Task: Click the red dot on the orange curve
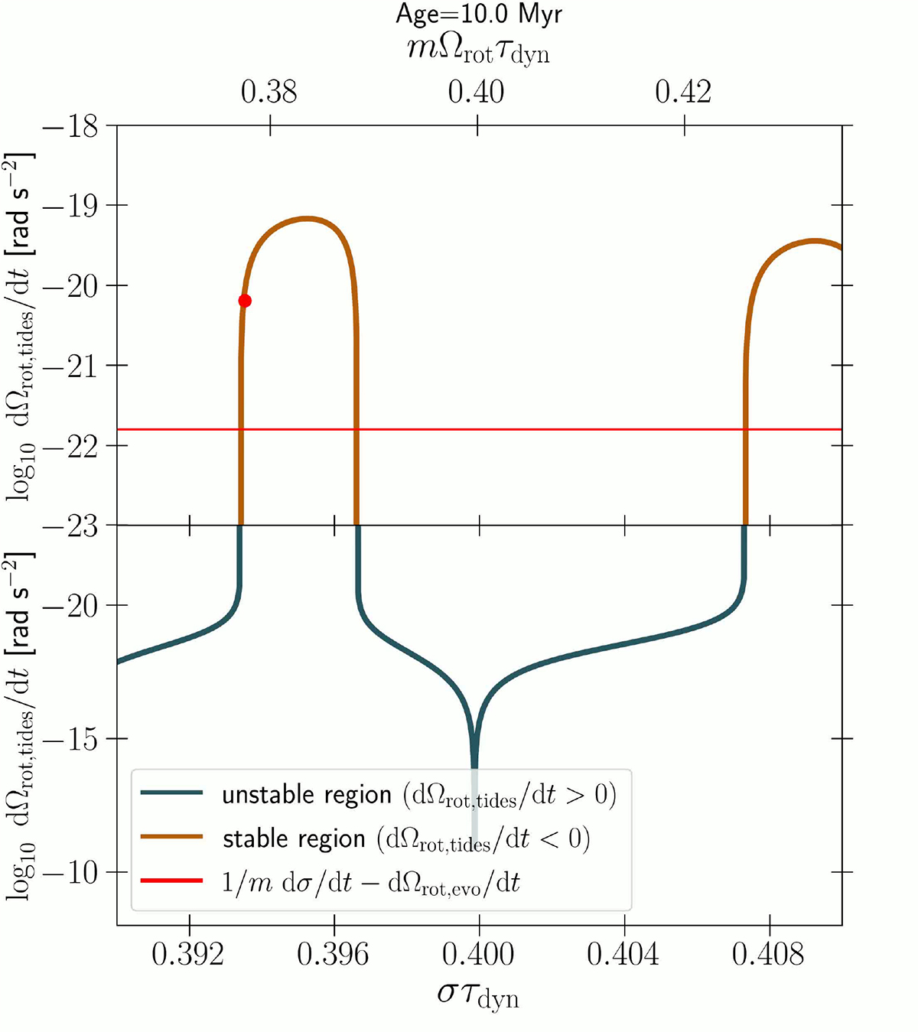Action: click(245, 301)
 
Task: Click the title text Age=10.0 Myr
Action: click(479, 15)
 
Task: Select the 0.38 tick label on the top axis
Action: click(269, 93)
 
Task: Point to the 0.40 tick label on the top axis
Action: click(477, 93)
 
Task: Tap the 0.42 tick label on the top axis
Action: click(683, 93)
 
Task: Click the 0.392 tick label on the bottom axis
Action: click(188, 954)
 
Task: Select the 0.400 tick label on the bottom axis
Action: click(479, 954)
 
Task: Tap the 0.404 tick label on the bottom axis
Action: click(623, 954)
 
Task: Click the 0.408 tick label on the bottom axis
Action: click(769, 954)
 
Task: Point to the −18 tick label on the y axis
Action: click(70, 126)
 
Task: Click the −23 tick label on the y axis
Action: click(70, 526)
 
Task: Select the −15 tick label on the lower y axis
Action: click(70, 739)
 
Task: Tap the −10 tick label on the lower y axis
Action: click(70, 873)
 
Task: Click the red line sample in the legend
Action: click(171, 881)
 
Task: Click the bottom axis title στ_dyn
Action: click(478, 995)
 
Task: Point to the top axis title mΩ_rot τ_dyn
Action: click(478, 50)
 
